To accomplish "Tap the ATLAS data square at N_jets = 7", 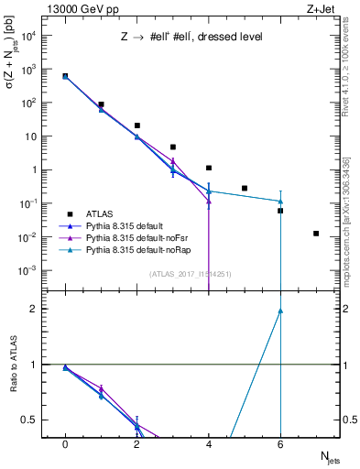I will coord(316,234).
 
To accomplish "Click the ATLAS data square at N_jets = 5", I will coord(245,188).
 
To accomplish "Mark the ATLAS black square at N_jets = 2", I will coord(136,125).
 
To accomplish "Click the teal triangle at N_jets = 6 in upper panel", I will coord(280,202).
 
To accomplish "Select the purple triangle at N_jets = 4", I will coord(209,201).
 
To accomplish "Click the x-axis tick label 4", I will coord(209,444).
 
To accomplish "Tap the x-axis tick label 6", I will coord(280,444).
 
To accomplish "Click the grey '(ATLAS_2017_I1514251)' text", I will coord(191,273).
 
